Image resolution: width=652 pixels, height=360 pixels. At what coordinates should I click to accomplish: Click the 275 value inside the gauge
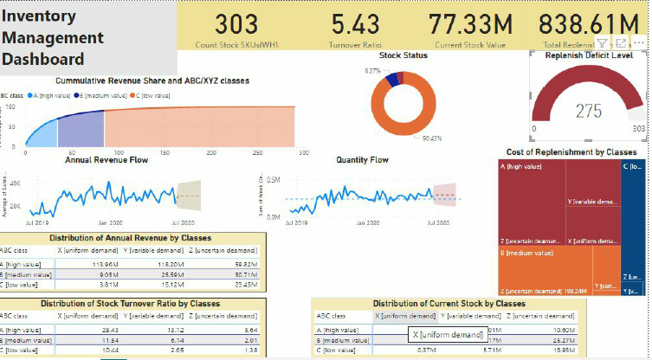point(589,111)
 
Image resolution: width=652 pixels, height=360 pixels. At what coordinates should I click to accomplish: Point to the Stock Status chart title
point(403,55)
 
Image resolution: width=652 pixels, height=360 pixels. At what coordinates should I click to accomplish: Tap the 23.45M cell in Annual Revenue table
point(245,283)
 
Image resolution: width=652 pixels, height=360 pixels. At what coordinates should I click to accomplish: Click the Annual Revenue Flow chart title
point(107,160)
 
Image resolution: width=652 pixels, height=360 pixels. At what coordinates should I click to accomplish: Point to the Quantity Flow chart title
point(362,160)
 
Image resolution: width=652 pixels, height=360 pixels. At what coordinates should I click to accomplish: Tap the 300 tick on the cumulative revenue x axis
point(302,152)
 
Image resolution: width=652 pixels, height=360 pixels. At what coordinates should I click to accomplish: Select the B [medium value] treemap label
point(526,253)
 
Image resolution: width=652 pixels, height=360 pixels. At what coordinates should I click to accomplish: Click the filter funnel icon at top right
point(602,42)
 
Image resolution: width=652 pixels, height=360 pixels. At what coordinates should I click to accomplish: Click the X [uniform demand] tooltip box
point(448,334)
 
